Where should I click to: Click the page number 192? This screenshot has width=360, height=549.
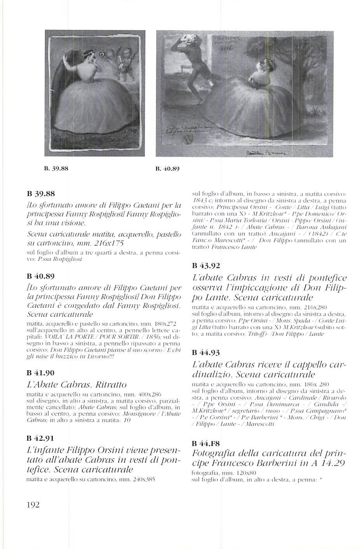point(33,505)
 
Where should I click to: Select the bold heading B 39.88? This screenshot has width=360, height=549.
point(41,193)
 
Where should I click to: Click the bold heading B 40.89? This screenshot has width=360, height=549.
point(41,276)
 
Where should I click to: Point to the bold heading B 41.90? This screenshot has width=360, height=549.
point(41,373)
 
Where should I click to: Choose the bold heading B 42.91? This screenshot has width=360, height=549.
point(41,438)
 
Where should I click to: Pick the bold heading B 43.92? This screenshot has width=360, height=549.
point(206,266)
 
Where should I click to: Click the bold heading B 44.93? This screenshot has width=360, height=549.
point(206,353)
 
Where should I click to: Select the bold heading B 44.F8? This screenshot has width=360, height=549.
point(206,444)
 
